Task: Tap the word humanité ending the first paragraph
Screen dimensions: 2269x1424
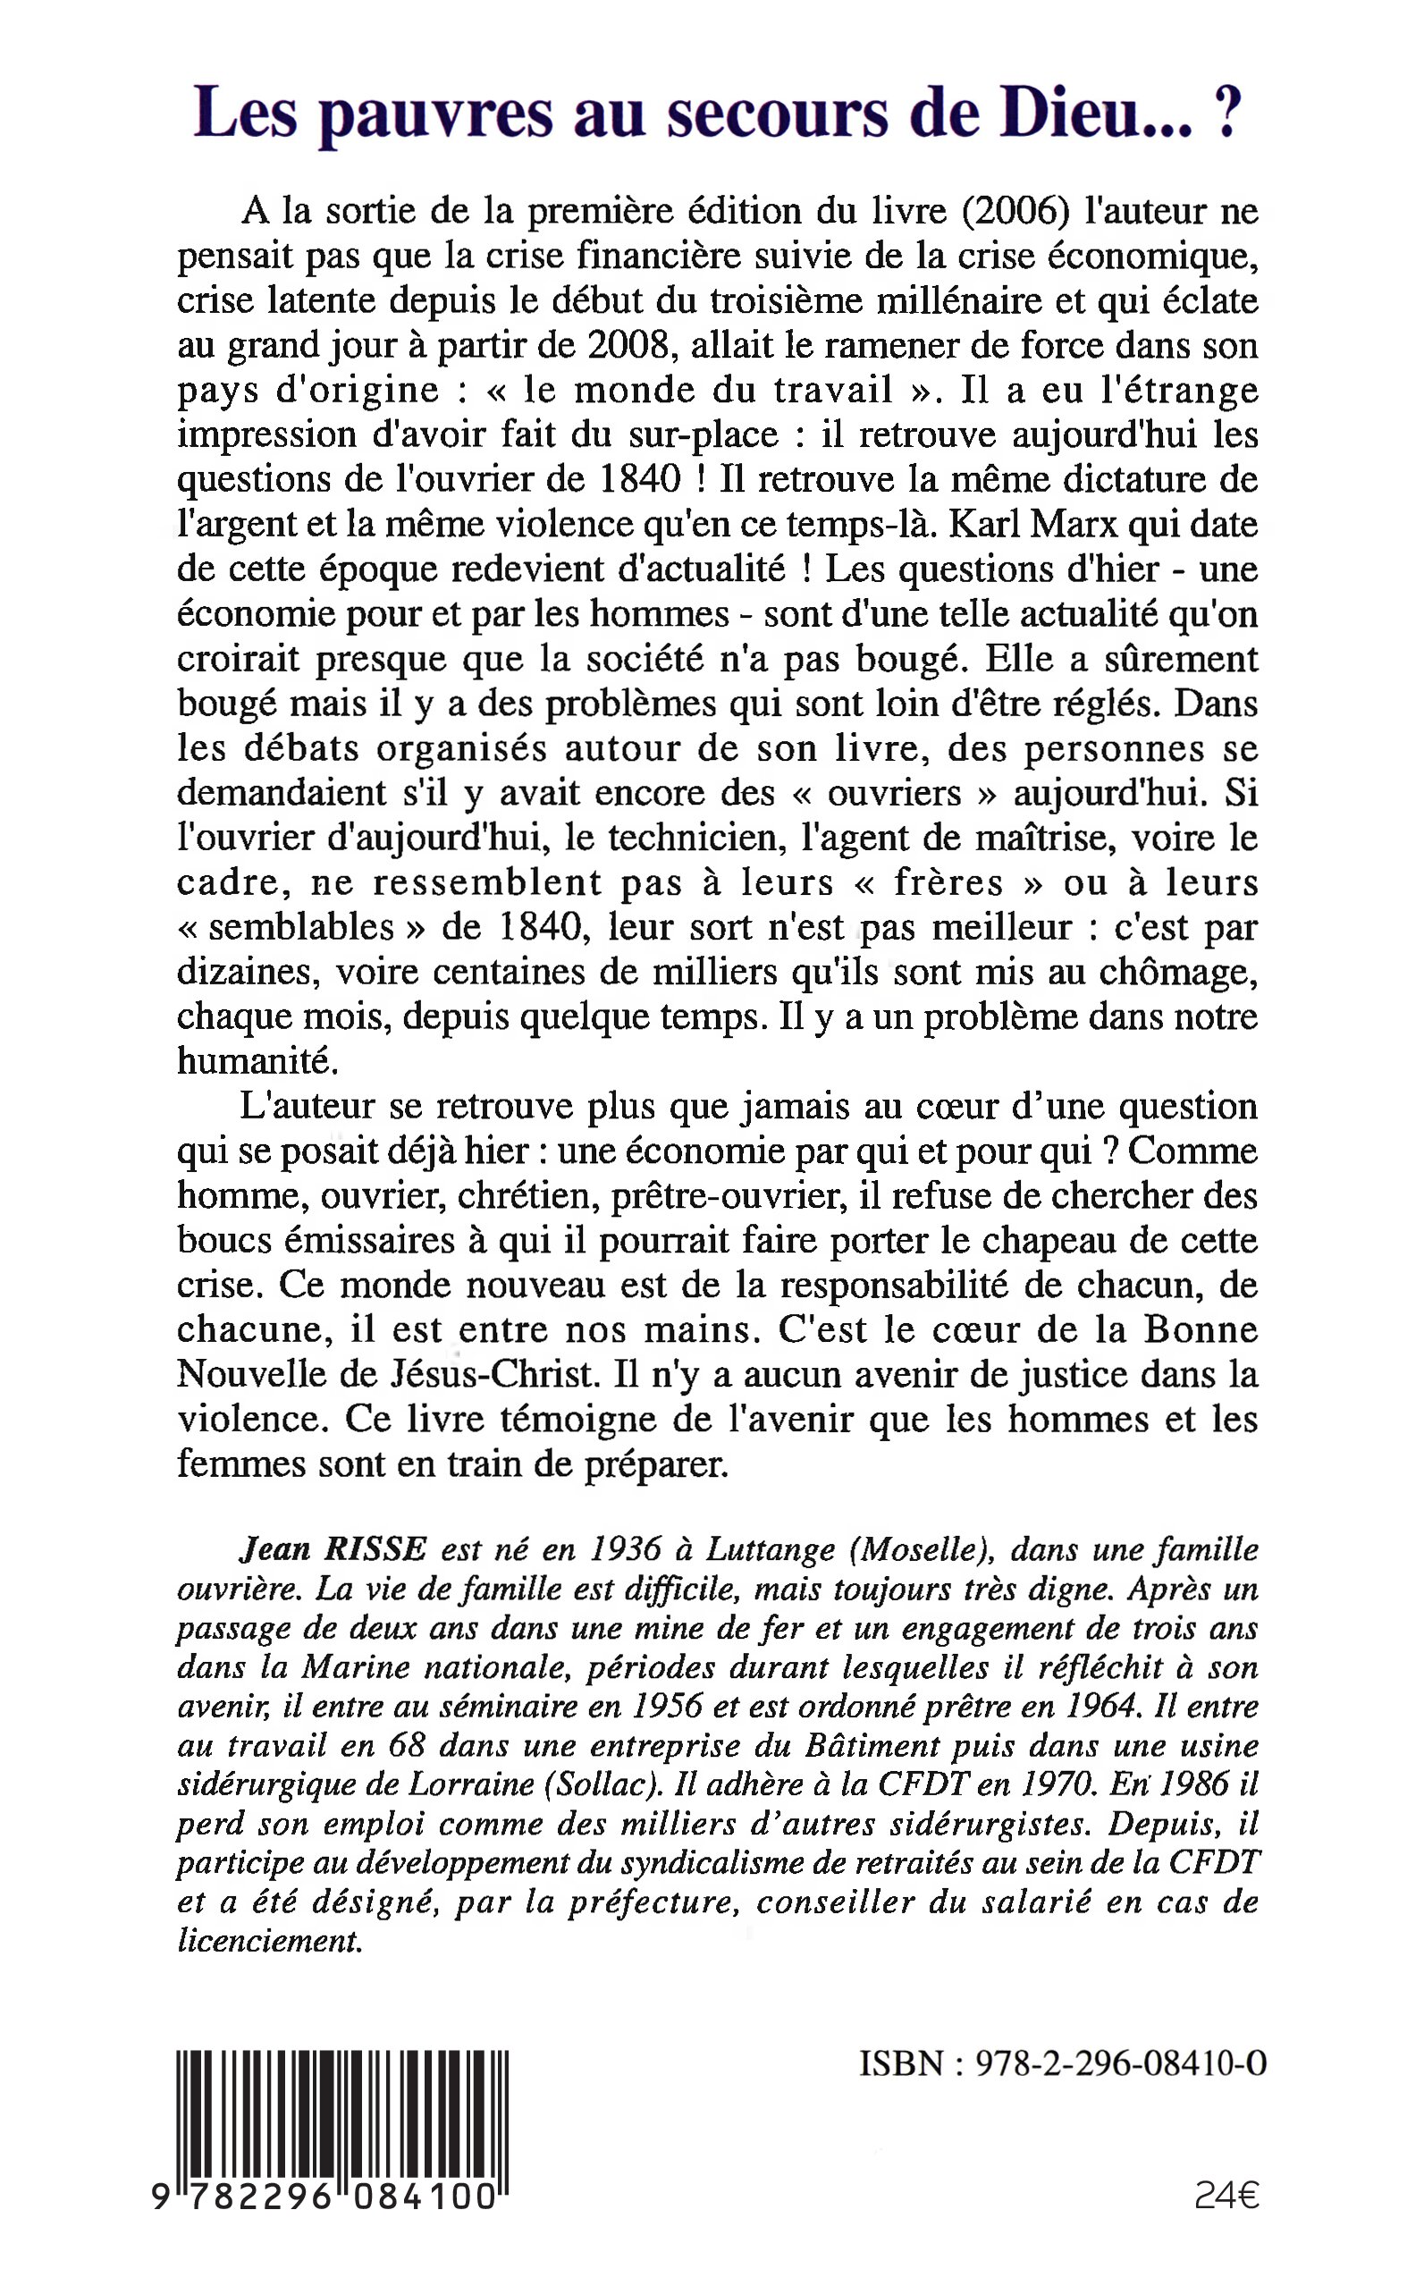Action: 257,1061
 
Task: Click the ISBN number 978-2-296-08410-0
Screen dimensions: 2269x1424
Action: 1120,2064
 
